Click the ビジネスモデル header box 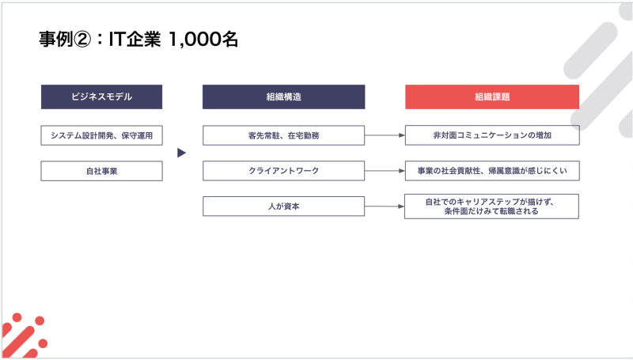102,97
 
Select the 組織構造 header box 284,97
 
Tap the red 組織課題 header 492,97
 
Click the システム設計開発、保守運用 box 102,135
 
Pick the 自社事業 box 102,171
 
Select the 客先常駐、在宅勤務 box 284,135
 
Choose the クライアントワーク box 284,171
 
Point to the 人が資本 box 284,207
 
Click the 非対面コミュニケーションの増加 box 492,135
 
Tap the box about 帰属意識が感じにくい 492,171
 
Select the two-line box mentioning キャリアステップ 491,207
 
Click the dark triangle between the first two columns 182,153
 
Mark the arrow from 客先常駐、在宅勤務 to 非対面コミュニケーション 385,135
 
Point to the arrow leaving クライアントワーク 385,171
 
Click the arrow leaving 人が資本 385,207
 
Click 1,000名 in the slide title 203,40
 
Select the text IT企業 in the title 135,40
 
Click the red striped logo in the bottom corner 25,335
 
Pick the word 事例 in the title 56,40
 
